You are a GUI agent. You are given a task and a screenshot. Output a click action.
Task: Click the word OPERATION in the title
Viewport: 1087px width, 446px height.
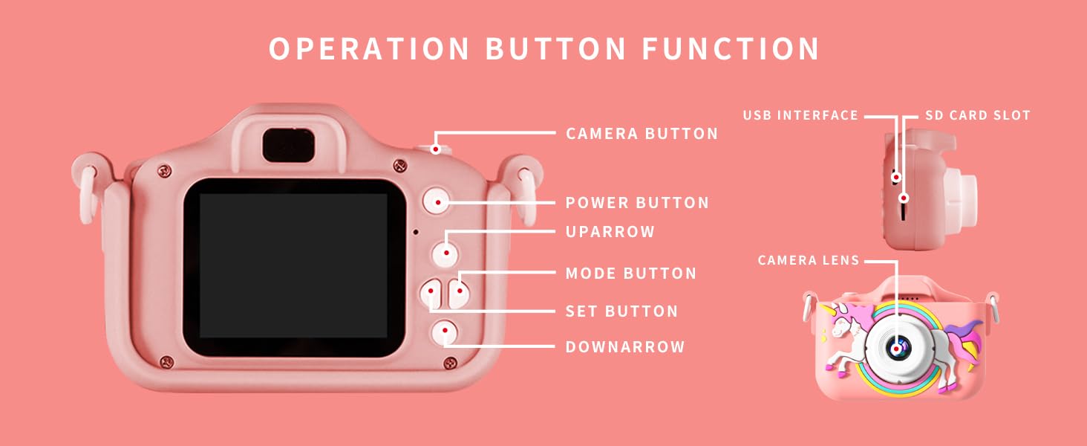click(369, 48)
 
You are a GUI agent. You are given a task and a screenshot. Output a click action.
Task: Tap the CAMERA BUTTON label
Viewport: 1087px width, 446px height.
click(642, 134)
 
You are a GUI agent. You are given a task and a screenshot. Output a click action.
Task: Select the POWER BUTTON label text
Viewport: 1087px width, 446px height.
click(637, 203)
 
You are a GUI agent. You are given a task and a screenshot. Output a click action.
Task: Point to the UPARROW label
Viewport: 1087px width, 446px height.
click(610, 232)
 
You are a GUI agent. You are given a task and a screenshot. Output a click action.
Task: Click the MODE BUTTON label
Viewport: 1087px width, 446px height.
click(631, 274)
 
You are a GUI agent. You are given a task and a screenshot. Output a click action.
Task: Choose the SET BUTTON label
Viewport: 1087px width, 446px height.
click(621, 311)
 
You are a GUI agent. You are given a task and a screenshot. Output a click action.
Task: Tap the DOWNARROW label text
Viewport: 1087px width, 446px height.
click(625, 347)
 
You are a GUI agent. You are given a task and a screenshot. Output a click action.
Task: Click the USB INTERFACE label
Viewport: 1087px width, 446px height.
click(800, 116)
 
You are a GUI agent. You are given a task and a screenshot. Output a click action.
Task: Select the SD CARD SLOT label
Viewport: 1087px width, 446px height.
click(978, 116)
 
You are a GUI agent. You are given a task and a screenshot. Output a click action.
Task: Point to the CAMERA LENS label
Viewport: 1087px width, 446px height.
click(809, 260)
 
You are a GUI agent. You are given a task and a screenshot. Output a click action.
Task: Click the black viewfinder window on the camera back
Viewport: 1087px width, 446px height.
click(289, 146)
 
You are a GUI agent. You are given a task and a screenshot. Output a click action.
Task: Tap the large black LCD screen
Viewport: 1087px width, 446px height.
click(293, 267)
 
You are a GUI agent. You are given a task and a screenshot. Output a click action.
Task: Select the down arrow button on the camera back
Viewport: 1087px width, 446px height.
click(445, 332)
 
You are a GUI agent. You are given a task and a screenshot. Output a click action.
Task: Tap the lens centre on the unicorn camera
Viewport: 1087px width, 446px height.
click(896, 348)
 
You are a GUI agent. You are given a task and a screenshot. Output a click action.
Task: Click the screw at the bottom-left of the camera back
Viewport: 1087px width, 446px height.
click(167, 362)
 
